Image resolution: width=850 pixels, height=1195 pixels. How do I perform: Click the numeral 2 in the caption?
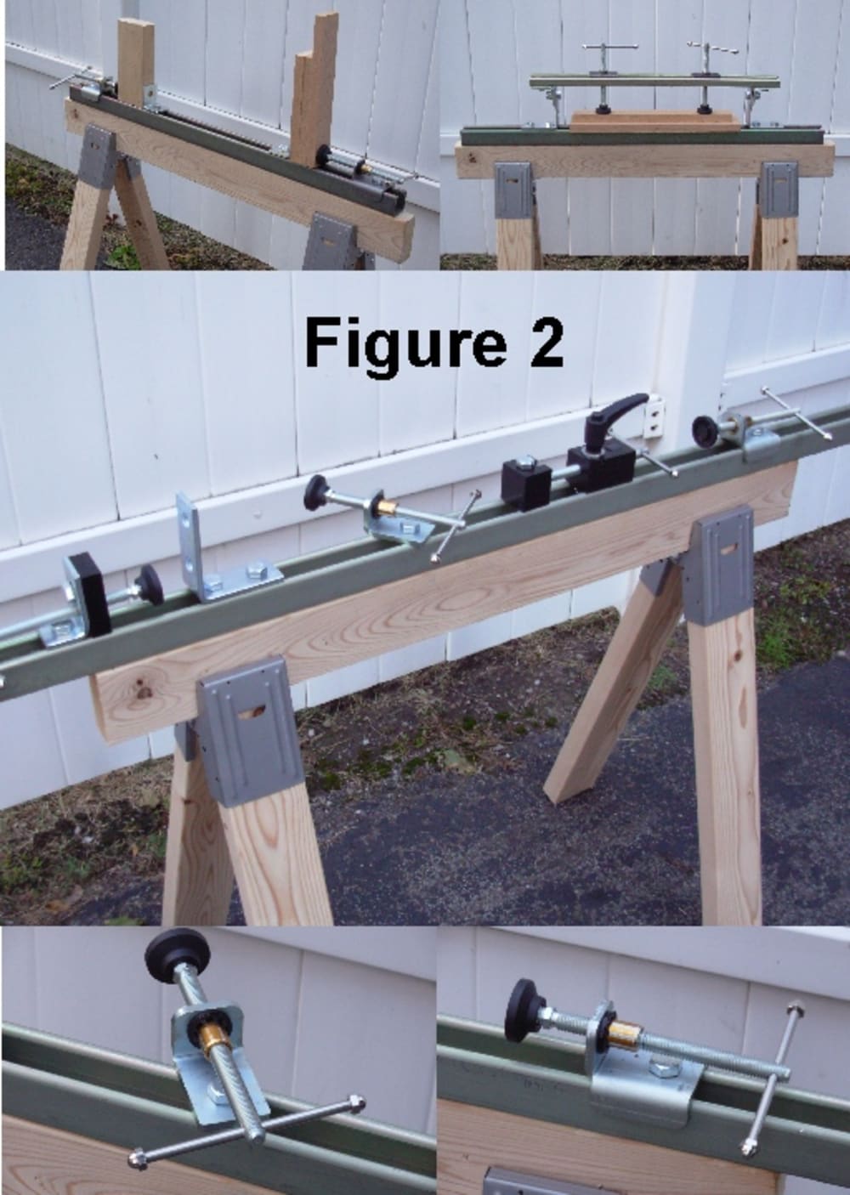(546, 342)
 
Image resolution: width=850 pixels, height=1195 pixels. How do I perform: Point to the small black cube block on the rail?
(525, 484)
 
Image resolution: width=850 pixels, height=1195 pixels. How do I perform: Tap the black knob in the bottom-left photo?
(178, 955)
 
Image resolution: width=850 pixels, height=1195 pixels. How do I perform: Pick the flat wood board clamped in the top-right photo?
(655, 122)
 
